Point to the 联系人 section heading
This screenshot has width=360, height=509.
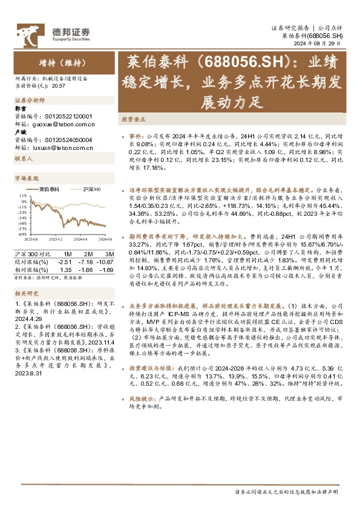tap(23, 158)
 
